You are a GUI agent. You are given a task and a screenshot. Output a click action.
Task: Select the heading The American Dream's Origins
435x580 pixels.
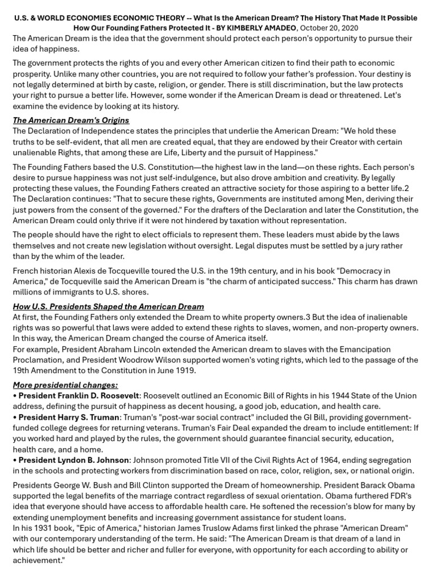point(71,120)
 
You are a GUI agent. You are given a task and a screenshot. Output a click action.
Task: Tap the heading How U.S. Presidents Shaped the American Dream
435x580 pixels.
point(108,306)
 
